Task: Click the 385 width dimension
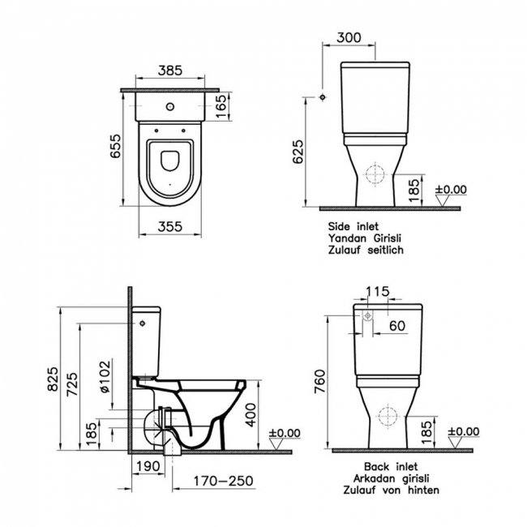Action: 170,72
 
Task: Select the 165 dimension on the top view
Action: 222,104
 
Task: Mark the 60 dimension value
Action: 398,325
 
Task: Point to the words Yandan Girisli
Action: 365,238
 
